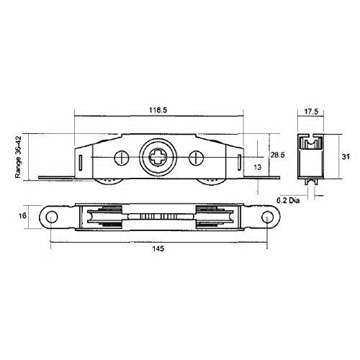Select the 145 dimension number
coord(158,249)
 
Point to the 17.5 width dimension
coord(310,112)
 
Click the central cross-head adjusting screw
coord(158,156)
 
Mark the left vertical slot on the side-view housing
coord(84,158)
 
